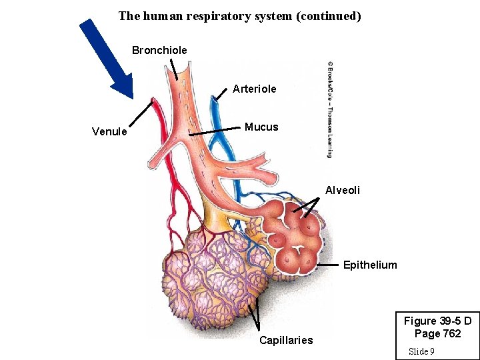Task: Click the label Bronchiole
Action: pyautogui.click(x=159, y=50)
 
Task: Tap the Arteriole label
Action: pyautogui.click(x=254, y=89)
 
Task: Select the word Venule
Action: pyautogui.click(x=109, y=131)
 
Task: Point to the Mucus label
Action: pyautogui.click(x=261, y=127)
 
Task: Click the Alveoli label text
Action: pyautogui.click(x=343, y=190)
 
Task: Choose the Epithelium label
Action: pyautogui.click(x=370, y=265)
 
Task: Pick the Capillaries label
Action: pyautogui.click(x=286, y=340)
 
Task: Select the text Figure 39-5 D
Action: pyautogui.click(x=437, y=321)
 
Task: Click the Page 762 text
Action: pyautogui.click(x=437, y=333)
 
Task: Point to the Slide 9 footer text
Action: pyautogui.click(x=421, y=351)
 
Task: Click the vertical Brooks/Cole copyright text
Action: pyautogui.click(x=329, y=110)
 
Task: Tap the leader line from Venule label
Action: pyautogui.click(x=141, y=113)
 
